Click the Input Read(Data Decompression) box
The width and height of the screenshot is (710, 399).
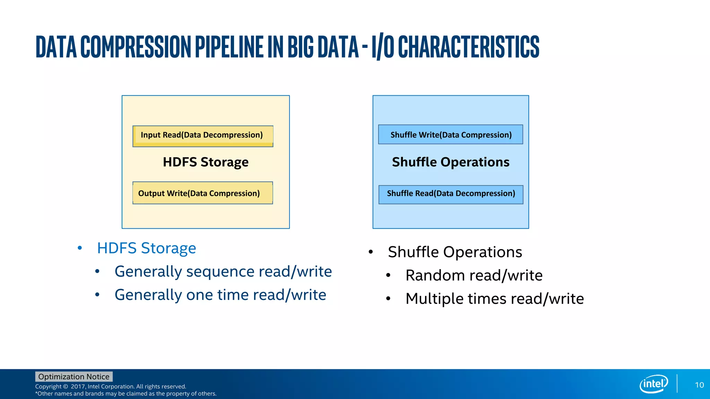[x=203, y=136]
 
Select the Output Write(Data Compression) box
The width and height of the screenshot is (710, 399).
[x=202, y=193]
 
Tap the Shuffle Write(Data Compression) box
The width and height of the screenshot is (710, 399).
[x=450, y=134]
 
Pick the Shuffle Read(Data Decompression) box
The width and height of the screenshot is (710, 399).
[x=451, y=194]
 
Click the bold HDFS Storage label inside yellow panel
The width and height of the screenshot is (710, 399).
[x=206, y=162]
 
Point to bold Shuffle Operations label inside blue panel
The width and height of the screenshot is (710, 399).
[x=450, y=162]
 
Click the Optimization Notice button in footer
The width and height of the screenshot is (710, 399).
[x=73, y=376]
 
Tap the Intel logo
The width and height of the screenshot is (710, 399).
[x=653, y=384]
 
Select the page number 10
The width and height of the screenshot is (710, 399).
[x=699, y=385]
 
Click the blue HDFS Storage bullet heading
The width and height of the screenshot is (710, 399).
[x=146, y=248]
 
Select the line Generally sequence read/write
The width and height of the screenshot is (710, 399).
[x=223, y=271]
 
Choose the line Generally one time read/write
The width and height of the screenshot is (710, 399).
[x=220, y=295]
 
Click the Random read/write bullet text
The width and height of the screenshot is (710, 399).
[x=474, y=275]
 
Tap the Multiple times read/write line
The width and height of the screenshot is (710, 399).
[x=494, y=299]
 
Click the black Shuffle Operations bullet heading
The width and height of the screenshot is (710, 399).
[x=454, y=252]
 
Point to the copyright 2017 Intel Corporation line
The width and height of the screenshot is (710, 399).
[x=111, y=387]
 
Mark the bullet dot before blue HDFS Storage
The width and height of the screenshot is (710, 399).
[x=80, y=248]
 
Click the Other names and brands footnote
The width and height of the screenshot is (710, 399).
[x=125, y=394]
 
